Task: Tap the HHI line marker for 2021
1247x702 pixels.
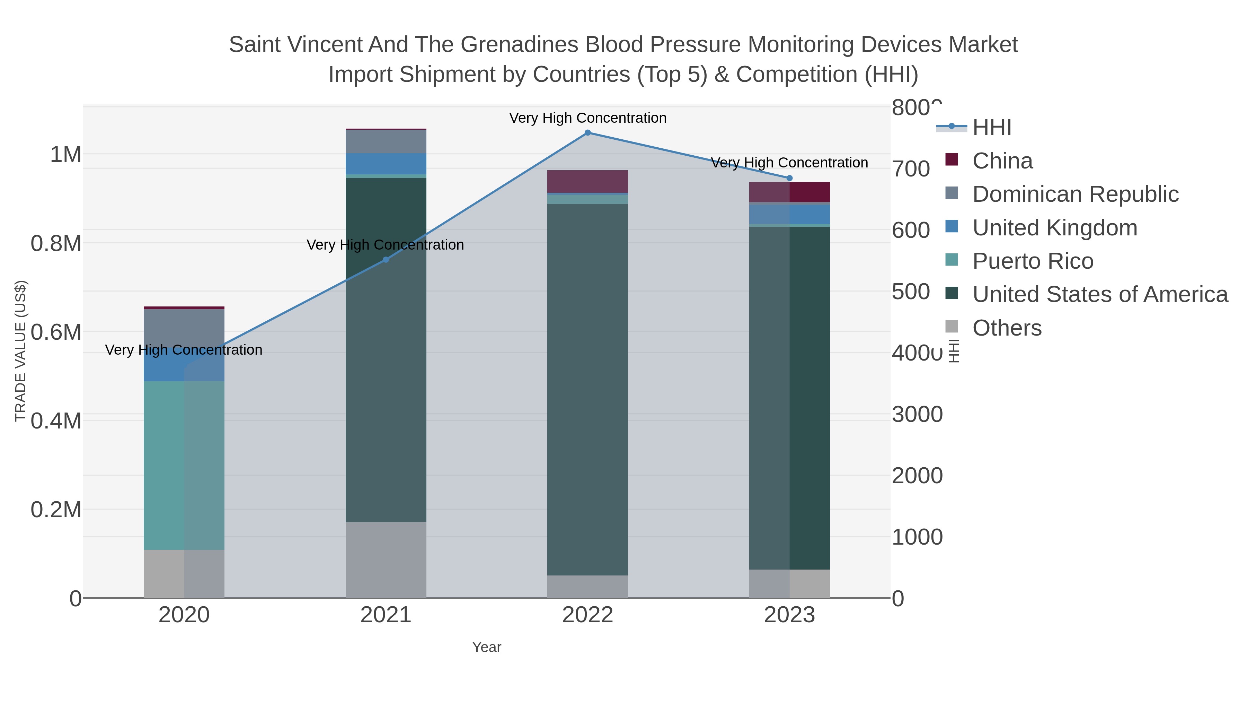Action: tap(386, 260)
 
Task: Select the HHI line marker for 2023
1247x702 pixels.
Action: tap(789, 178)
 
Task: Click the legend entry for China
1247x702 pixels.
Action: tap(1002, 161)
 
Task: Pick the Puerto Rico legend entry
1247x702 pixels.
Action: tap(1033, 261)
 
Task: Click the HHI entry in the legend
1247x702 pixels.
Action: tap(991, 128)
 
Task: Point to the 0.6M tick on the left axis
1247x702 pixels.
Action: tap(56, 332)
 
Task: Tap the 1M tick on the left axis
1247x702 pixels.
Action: tap(65, 155)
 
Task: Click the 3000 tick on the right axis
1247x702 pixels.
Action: tap(917, 414)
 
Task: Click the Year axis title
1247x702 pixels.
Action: tap(487, 647)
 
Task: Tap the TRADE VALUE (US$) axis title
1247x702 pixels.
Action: tap(20, 351)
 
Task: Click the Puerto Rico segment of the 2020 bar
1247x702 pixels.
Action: tap(184, 465)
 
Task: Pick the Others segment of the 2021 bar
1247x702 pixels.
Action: tap(386, 560)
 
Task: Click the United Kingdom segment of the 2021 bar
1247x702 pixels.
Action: tap(386, 164)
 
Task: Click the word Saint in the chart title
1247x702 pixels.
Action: tap(254, 45)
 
